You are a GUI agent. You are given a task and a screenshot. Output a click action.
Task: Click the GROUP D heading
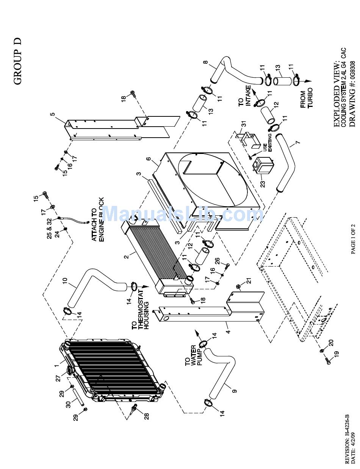click(18, 61)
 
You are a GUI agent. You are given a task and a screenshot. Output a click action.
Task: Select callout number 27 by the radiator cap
click(58, 378)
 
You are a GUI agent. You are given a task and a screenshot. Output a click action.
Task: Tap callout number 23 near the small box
click(263, 184)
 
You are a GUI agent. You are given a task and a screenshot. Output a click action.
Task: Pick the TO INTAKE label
click(245, 97)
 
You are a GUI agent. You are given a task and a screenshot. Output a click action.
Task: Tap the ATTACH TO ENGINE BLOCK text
click(97, 220)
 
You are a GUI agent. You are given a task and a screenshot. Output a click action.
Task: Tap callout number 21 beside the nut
click(249, 281)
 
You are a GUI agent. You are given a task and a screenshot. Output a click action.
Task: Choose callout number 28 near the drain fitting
click(146, 416)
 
